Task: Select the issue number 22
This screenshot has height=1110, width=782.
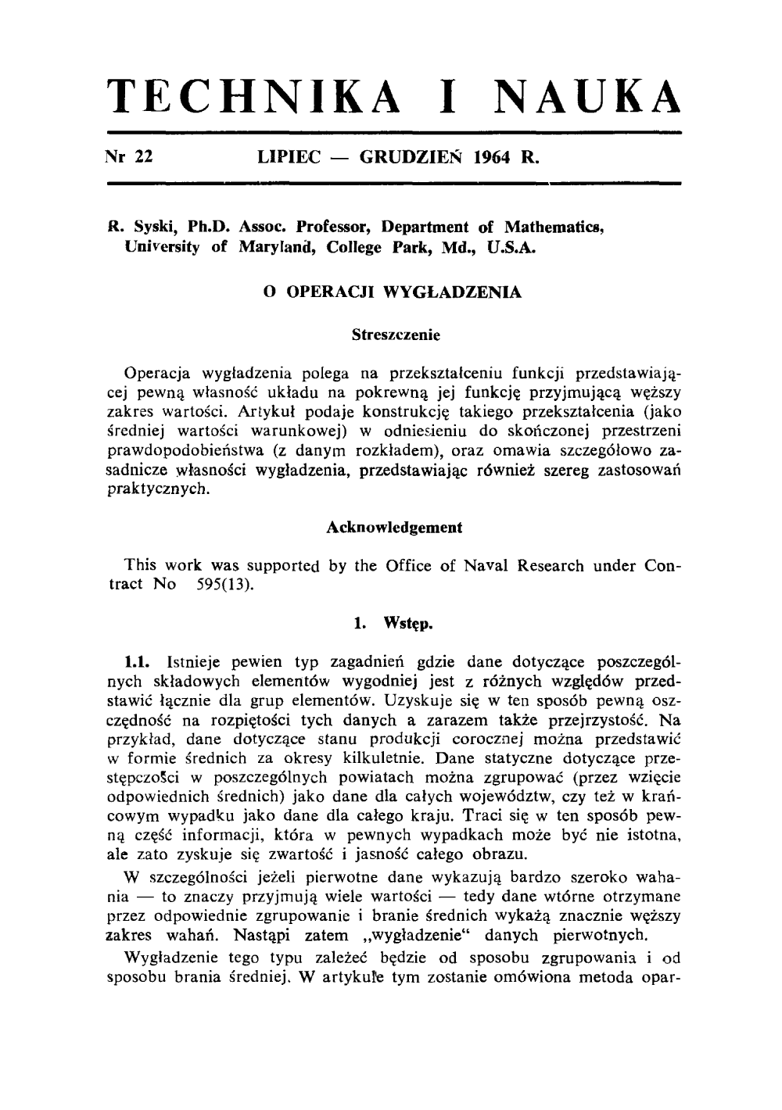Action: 142,156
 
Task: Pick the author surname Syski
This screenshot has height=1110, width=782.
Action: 141,227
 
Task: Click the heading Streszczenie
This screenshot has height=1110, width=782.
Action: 396,335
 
